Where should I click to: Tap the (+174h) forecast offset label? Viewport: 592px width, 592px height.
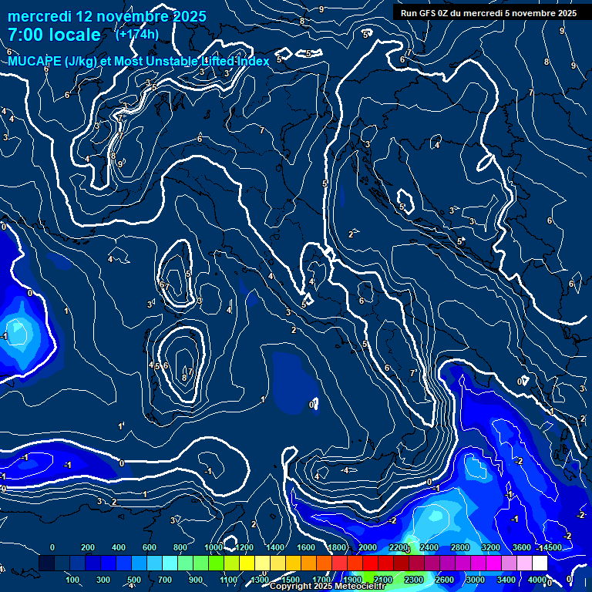point(137,35)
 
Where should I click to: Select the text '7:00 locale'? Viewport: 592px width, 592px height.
point(54,35)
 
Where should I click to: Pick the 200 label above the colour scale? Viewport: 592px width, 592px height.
point(87,547)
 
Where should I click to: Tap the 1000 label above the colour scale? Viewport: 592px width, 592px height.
point(214,547)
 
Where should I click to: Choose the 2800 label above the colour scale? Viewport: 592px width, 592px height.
point(459,547)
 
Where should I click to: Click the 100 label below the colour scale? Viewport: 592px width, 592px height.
point(73,580)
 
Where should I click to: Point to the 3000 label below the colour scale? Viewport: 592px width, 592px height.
point(476,580)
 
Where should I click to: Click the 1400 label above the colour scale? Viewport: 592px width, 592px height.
point(275,547)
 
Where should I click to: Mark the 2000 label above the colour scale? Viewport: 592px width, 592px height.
point(368,547)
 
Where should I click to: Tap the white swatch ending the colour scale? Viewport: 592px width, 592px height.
point(540,563)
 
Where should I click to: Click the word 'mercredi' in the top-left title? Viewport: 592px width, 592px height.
point(44,15)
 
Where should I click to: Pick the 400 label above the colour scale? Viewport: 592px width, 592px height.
point(119,547)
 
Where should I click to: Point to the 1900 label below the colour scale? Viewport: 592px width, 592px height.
point(352,580)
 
